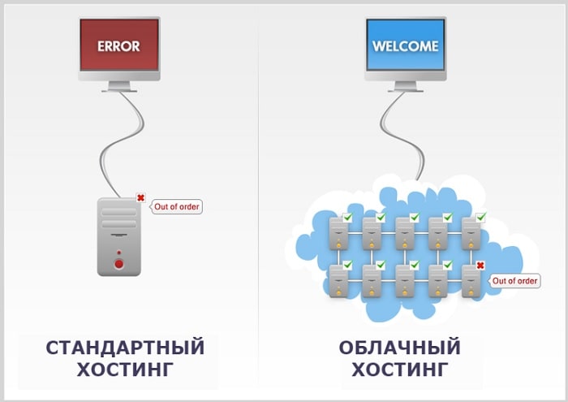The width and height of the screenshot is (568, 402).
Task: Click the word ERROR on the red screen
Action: pos(118,46)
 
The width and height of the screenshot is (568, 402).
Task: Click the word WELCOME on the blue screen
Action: pos(405,45)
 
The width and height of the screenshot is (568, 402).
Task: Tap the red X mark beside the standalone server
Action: pos(140,197)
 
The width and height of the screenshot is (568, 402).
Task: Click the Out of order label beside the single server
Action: pos(177,206)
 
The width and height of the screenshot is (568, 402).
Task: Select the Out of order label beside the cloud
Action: pos(515,281)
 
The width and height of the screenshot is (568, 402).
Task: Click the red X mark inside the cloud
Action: pos(480,266)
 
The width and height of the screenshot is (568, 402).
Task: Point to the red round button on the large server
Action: pos(118,263)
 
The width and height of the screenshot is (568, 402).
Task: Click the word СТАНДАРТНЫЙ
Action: pos(125,348)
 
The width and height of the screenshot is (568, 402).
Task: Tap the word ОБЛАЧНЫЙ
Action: pos(399,348)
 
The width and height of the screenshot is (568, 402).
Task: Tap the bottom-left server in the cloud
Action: pos(338,280)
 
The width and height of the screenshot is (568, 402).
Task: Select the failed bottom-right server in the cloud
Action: pos(471,280)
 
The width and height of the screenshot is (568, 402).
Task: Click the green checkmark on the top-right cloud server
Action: pos(480,217)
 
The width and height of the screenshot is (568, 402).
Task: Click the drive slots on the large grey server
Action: pos(118,217)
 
